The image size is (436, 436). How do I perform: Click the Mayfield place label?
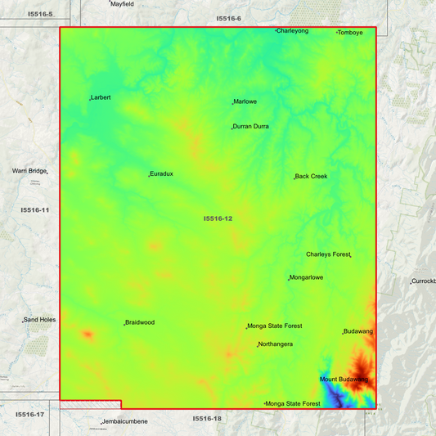point(123,4)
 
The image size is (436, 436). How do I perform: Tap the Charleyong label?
point(293,31)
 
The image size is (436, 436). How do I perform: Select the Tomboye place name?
point(350,33)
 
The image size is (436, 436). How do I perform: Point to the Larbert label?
point(101,97)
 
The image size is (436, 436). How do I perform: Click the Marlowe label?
point(245,101)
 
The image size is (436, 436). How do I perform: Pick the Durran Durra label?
point(251,127)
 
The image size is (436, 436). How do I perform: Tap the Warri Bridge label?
point(29,171)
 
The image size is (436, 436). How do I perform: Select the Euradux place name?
point(161,174)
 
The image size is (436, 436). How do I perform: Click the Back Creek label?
point(311,176)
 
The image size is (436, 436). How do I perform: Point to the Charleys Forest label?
point(328,254)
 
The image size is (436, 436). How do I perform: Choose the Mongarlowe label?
point(307,277)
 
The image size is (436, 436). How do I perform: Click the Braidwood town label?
point(140,322)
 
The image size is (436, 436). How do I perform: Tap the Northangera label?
point(276,344)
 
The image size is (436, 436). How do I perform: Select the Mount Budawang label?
point(344,380)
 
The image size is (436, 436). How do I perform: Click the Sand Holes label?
point(39,320)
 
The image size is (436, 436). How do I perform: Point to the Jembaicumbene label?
point(125,421)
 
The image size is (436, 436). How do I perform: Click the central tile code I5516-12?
point(218,218)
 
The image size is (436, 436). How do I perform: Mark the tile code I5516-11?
point(35,210)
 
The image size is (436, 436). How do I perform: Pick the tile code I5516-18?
point(207,419)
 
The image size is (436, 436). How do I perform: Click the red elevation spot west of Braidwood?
point(87,335)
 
